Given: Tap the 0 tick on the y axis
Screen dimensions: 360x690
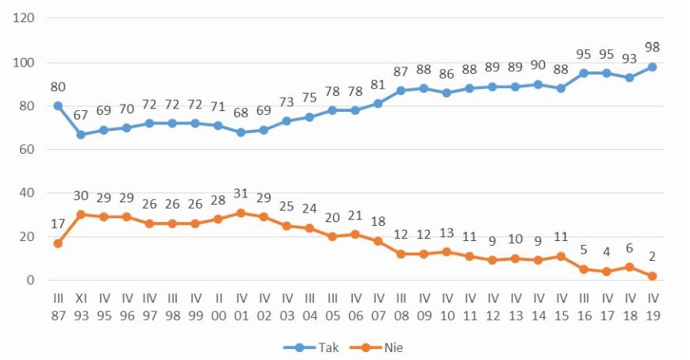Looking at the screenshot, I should click(x=31, y=281).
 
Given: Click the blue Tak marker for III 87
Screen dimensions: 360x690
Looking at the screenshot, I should click(x=58, y=105).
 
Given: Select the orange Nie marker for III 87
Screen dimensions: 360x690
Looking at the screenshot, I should click(x=58, y=243).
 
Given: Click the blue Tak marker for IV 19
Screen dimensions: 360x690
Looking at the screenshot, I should click(x=652, y=67).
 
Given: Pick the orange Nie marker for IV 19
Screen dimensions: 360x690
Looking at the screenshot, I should click(x=652, y=276).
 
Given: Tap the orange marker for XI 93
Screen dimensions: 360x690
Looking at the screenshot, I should click(x=80, y=214).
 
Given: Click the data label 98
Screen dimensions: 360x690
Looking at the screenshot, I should click(x=652, y=48).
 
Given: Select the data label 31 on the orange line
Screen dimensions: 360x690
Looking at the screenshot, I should click(x=241, y=193).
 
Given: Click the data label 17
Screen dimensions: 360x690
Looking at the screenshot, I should click(x=58, y=224).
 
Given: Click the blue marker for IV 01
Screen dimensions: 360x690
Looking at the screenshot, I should click(x=241, y=132).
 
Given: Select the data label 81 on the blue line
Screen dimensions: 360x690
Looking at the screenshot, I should click(x=378, y=85).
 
